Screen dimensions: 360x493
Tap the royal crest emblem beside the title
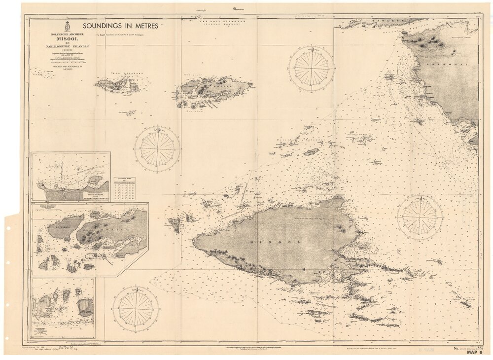(x=67, y=27)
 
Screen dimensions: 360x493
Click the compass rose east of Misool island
(x=420, y=217)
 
